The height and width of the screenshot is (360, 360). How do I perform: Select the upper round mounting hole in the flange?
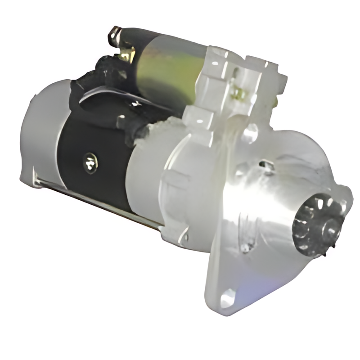250,134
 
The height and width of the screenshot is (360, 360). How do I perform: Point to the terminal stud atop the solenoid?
115,35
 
